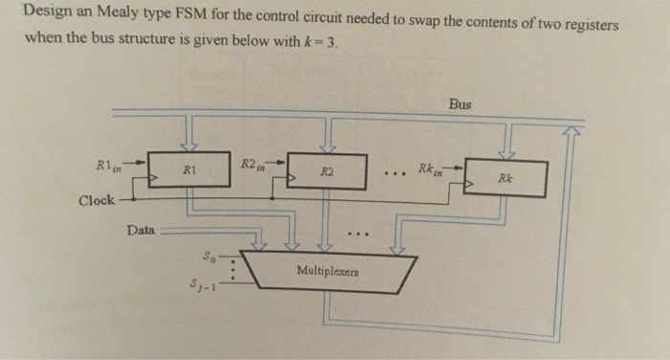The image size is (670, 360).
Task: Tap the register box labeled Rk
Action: (x=504, y=177)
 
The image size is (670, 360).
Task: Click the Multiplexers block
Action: (x=328, y=272)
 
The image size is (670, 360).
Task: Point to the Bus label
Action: (x=459, y=103)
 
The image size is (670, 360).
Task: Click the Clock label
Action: (x=97, y=200)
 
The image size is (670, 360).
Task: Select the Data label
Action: (x=142, y=230)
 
